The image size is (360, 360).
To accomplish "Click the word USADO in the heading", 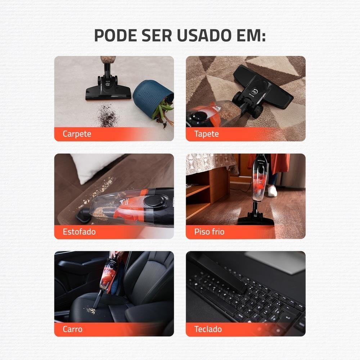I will coord(207,35).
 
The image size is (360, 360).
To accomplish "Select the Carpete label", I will coord(77,134).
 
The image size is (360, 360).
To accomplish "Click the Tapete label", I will coord(206,134).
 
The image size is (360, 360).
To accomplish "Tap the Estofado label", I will coord(79,231).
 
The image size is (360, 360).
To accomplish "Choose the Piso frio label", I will coord(209,231).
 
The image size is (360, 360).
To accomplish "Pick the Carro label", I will coord(72,329).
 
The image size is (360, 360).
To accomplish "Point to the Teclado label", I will coord(208,329).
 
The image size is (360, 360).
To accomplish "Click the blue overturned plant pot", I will coord(151,95).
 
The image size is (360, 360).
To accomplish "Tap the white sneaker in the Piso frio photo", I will coord(272,191).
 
